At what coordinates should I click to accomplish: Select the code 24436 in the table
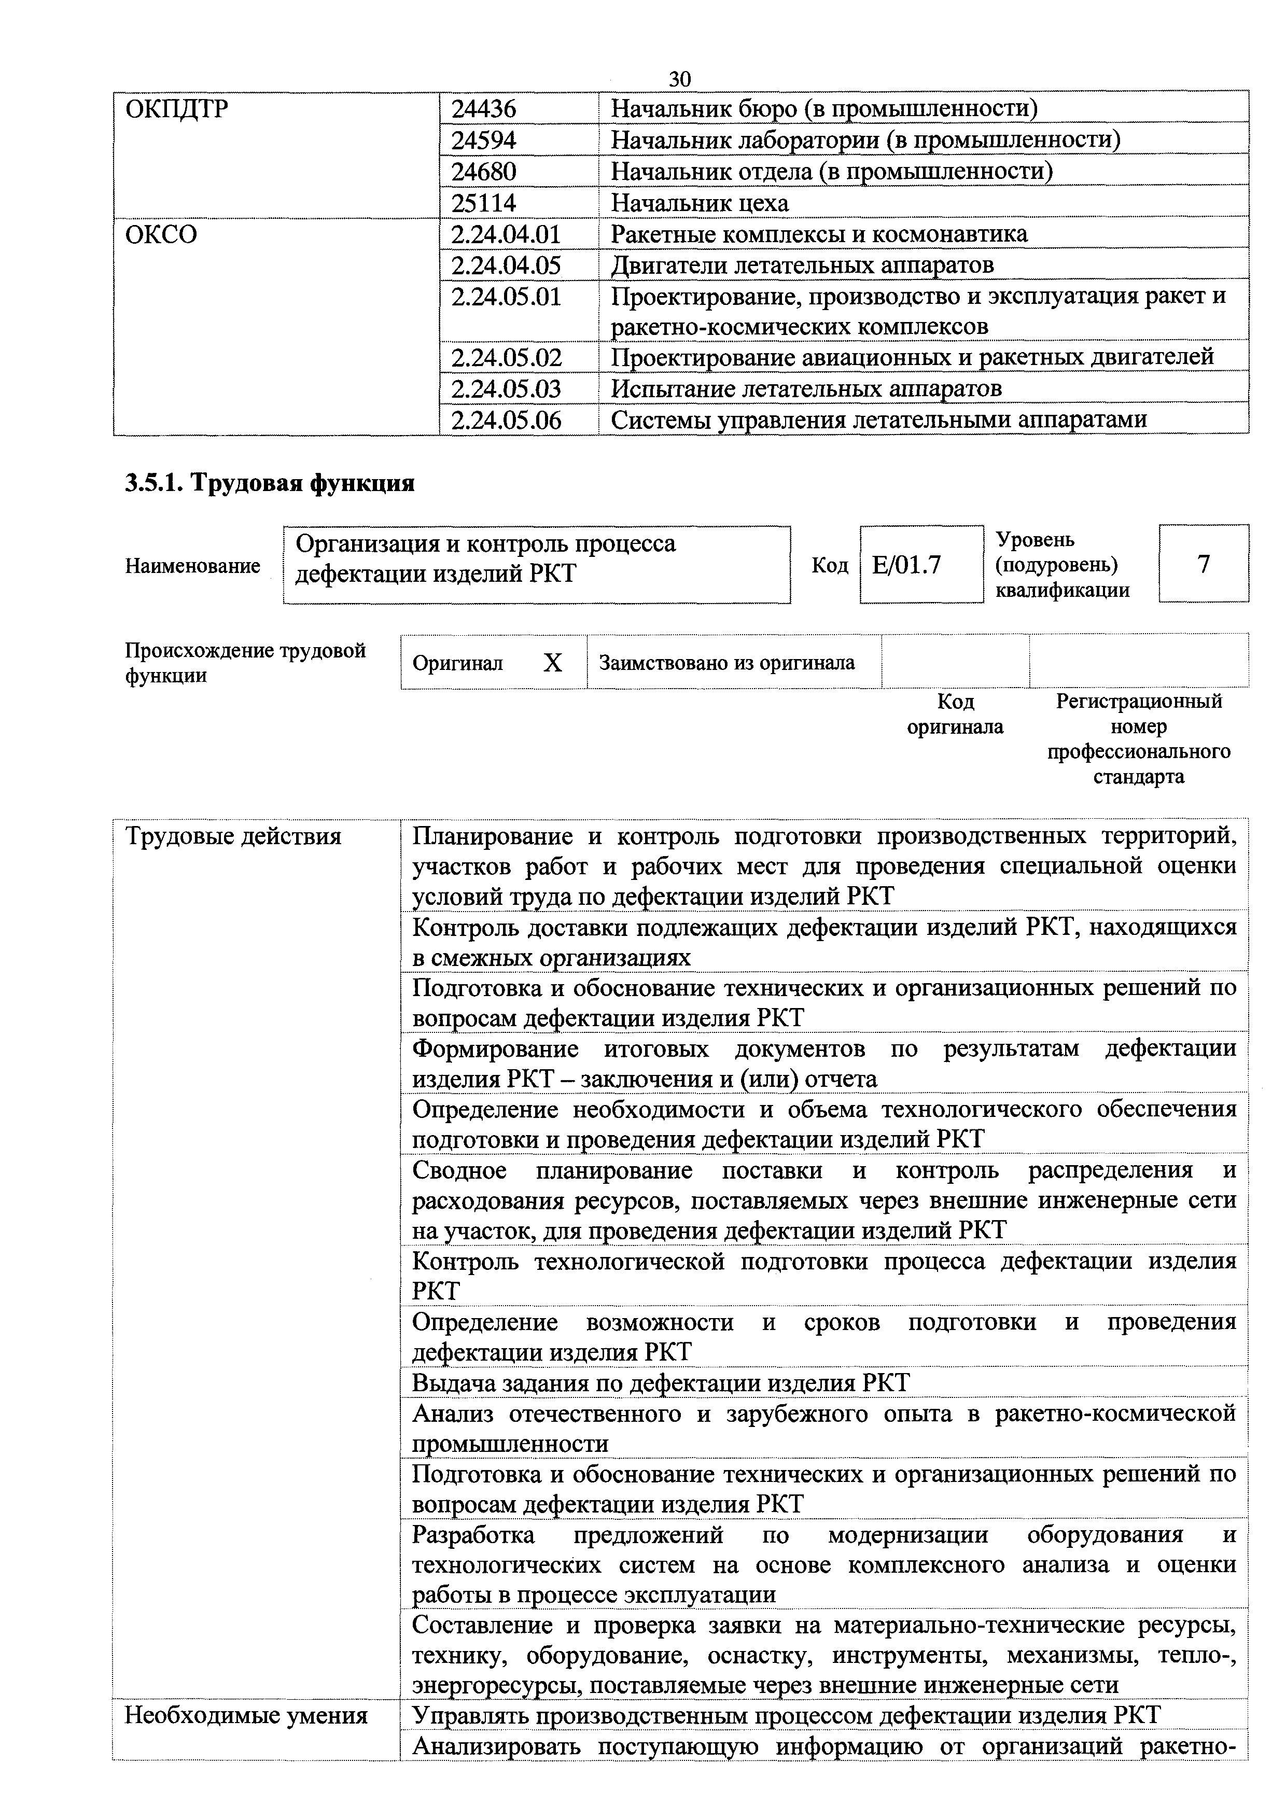pos(483,108)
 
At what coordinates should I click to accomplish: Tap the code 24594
pos(483,140)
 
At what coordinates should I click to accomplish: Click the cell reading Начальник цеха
pos(700,203)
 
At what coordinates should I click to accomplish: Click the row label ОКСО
pos(161,234)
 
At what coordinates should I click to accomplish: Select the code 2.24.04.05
pos(506,264)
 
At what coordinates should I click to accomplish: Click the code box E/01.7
pos(907,565)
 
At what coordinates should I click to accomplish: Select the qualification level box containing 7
pos(1203,564)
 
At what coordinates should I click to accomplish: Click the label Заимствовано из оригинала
pos(726,662)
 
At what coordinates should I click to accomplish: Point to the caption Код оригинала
pos(955,714)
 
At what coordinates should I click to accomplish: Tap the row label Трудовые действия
pos(234,836)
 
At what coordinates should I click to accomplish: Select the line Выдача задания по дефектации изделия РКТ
pos(661,1382)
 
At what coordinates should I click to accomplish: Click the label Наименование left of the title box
pos(192,566)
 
